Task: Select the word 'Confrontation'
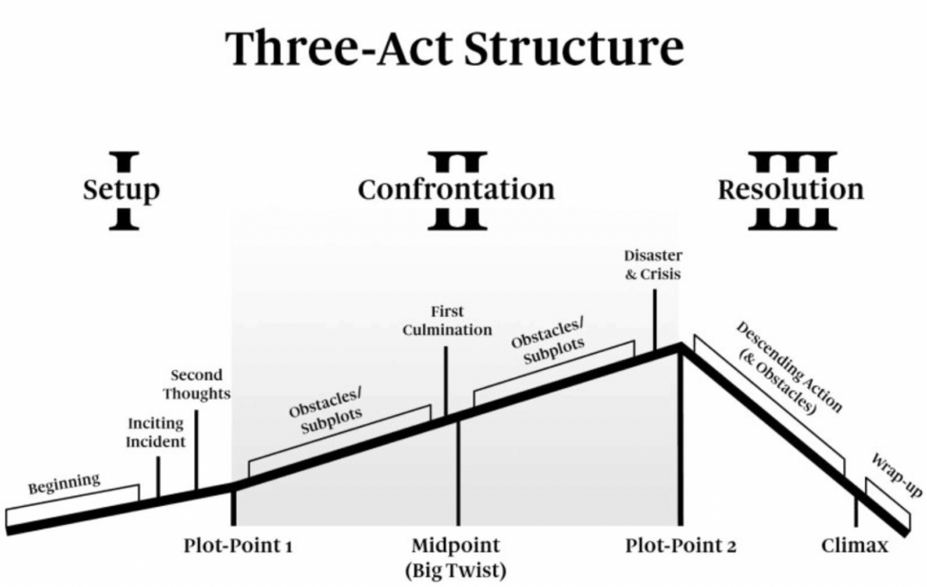pos(456,190)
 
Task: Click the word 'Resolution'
pos(790,190)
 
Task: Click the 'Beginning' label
pos(64,484)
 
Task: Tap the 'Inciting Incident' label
pos(156,432)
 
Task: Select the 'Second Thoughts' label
pos(201,384)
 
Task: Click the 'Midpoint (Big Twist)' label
pos(455,557)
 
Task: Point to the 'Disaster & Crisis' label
pos(653,264)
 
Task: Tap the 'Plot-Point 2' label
pos(680,546)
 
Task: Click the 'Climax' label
pos(855,546)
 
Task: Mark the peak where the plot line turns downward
pos(681,348)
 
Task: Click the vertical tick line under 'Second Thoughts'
pos(195,450)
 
